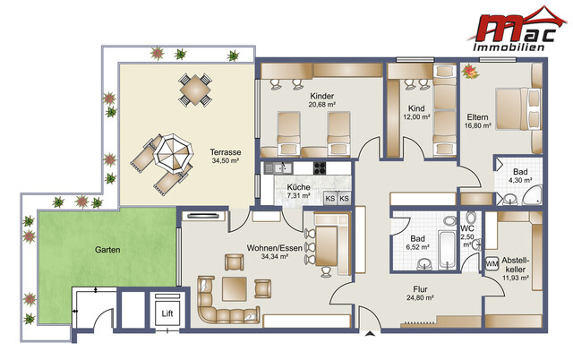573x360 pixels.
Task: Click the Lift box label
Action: (167, 314)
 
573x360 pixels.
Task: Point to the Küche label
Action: (300, 191)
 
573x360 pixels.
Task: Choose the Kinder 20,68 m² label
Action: (321, 101)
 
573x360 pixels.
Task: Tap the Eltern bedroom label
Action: (477, 121)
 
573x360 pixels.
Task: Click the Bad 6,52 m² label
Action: (416, 244)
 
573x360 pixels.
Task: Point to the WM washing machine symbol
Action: (492, 265)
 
